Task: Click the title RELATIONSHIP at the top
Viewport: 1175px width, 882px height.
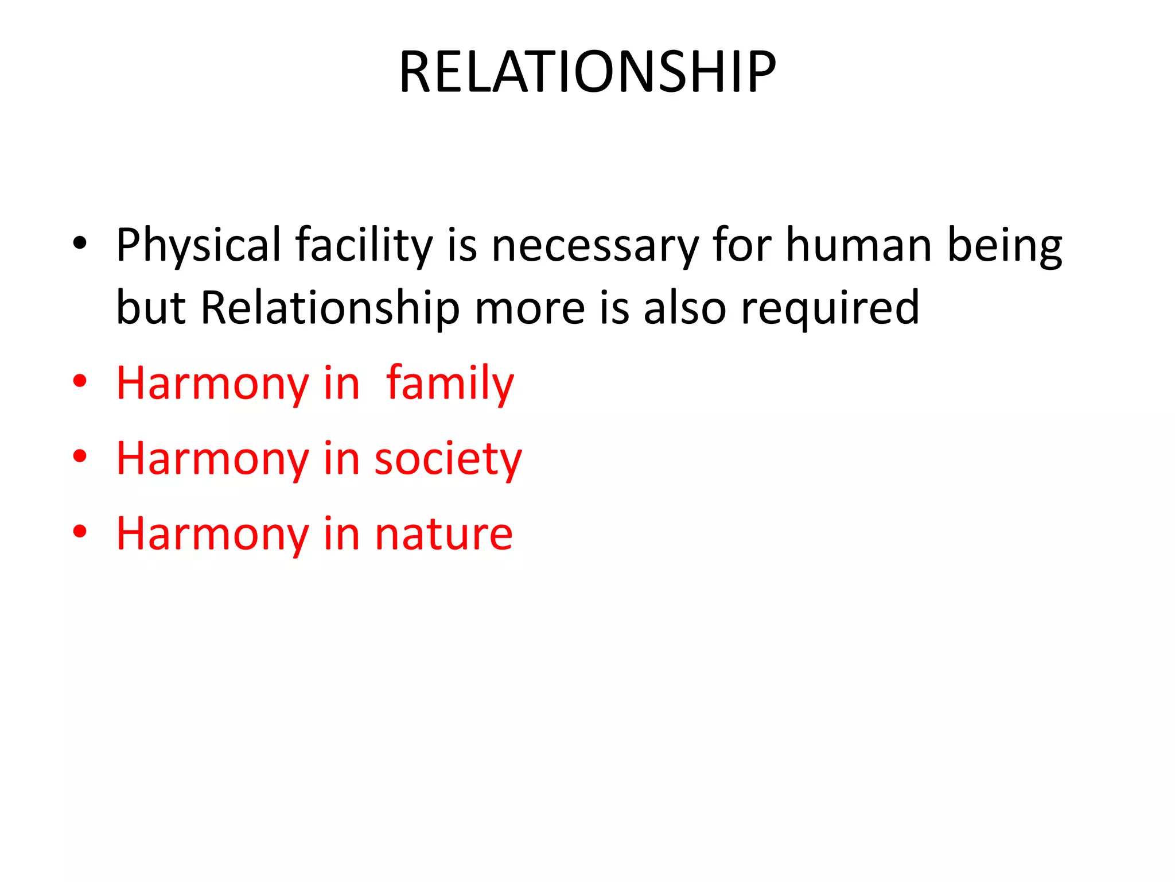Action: point(587,72)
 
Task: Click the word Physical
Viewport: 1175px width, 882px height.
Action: point(199,246)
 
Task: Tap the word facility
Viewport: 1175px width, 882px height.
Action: point(364,246)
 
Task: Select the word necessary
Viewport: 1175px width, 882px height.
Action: point(595,246)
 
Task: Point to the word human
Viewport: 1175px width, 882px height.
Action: point(858,246)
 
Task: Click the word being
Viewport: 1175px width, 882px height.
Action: point(1004,246)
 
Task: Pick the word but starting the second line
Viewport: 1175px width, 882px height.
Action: point(151,308)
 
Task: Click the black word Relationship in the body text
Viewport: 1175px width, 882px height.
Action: point(330,308)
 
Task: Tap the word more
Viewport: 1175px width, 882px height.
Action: point(530,308)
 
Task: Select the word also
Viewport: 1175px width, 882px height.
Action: point(684,308)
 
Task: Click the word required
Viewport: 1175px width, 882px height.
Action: point(830,308)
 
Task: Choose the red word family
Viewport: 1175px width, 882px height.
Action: point(450,384)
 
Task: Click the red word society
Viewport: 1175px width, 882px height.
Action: point(448,459)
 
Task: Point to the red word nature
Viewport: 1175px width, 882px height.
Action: point(443,534)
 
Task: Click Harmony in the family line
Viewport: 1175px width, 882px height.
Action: point(212,384)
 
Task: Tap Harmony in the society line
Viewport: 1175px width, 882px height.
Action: point(212,459)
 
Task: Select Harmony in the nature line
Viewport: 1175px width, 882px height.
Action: point(212,534)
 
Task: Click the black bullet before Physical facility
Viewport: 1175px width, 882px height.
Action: point(80,243)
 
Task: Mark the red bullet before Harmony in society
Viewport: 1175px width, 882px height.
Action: point(80,457)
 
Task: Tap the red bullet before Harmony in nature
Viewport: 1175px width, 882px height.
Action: point(80,532)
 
